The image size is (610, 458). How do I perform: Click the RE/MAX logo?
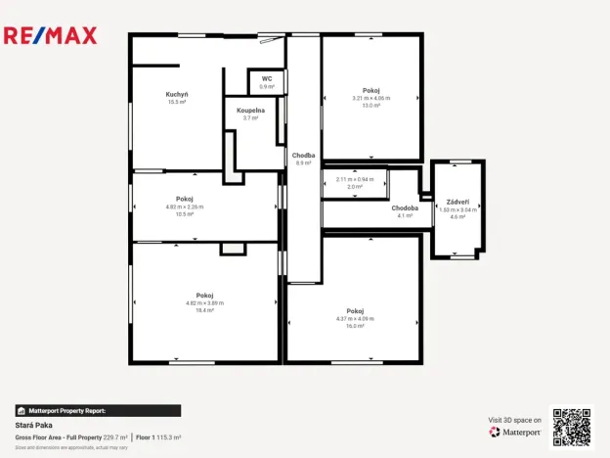51,36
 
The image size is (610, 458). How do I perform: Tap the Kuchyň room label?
177,94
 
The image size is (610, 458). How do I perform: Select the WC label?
266,78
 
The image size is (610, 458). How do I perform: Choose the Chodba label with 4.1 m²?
405,208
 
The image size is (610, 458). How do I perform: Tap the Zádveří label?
457,201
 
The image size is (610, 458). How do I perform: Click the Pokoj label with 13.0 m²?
370,90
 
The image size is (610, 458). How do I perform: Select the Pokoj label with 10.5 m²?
185,199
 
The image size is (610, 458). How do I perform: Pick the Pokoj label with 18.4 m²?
204,295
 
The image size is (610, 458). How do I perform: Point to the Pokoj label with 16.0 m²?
355,310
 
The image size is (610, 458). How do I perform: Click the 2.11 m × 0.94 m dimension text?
355,179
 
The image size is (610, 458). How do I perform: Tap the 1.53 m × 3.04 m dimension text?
457,209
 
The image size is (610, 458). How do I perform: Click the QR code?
571,428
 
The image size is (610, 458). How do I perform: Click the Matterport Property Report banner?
98,411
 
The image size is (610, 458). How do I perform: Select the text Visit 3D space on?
514,420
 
